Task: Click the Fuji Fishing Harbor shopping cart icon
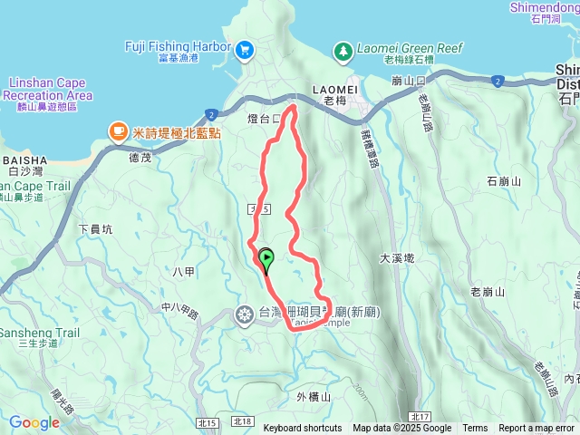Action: coord(244,52)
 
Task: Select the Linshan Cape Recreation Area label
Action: coord(47,89)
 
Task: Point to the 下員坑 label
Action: coord(94,229)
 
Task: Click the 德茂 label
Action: coord(140,157)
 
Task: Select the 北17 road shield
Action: coord(417,416)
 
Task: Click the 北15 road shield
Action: coord(206,421)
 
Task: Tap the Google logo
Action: coord(34,422)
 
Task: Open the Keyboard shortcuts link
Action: coord(303,429)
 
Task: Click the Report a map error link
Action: coord(536,429)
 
